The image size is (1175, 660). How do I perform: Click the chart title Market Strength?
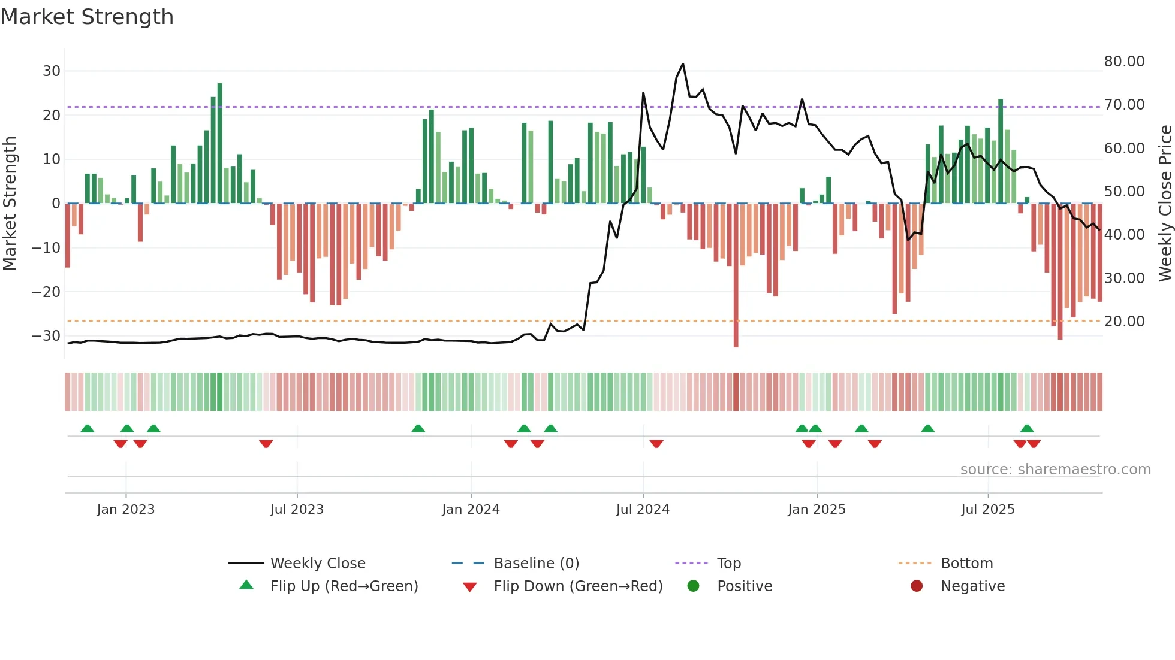(87, 17)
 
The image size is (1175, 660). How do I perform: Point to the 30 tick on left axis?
(52, 71)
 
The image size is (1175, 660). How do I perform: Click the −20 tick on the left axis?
(46, 292)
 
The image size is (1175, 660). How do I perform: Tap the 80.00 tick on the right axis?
(1124, 62)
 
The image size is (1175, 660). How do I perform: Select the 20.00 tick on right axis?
(1124, 322)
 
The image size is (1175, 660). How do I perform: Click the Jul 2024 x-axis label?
(643, 510)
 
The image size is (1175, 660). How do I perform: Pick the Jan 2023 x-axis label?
(126, 510)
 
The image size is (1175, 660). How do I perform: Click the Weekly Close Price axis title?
(1165, 204)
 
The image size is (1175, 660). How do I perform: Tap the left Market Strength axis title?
(10, 204)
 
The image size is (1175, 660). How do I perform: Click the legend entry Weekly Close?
(317, 564)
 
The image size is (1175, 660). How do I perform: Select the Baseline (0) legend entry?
(536, 564)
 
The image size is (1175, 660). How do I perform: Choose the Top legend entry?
(728, 564)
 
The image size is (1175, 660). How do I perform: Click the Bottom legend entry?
(966, 564)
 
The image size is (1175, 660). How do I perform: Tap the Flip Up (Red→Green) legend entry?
(344, 586)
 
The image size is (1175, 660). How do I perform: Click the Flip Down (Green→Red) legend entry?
(578, 586)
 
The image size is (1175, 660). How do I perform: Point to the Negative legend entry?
(972, 586)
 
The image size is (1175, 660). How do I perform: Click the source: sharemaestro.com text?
(1055, 470)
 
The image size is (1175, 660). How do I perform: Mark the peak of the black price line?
(682, 64)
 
